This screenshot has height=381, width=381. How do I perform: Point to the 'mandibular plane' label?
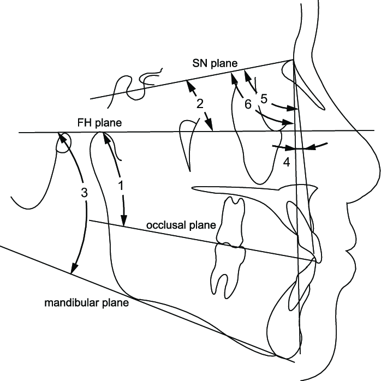87,302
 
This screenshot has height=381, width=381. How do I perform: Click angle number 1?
121,185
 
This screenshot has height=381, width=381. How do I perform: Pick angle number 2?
199,104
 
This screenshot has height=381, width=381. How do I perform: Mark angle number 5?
264,99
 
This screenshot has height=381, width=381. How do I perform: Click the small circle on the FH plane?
64,141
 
